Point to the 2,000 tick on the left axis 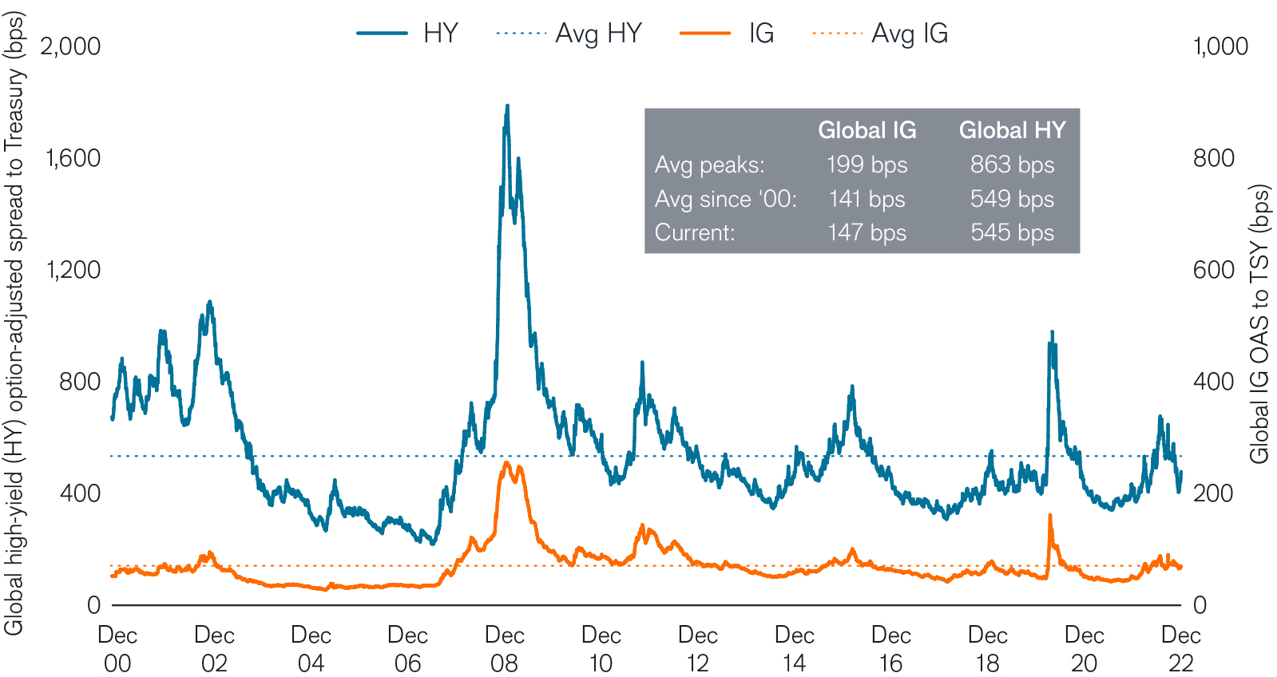click(70, 46)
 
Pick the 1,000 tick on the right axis click(1220, 46)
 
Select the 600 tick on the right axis click(1214, 270)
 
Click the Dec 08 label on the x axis click(504, 648)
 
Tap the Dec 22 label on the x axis click(1180, 648)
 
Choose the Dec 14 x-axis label click(794, 648)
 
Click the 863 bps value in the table click(1012, 164)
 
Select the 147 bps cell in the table click(867, 232)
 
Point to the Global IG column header click(867, 130)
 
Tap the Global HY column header click(1012, 130)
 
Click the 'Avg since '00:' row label click(725, 199)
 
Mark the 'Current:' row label click(694, 232)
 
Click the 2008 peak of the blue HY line click(507, 106)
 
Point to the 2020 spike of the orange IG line click(1049, 517)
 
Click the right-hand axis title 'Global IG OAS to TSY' click(1259, 324)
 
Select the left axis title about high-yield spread click(14, 324)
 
